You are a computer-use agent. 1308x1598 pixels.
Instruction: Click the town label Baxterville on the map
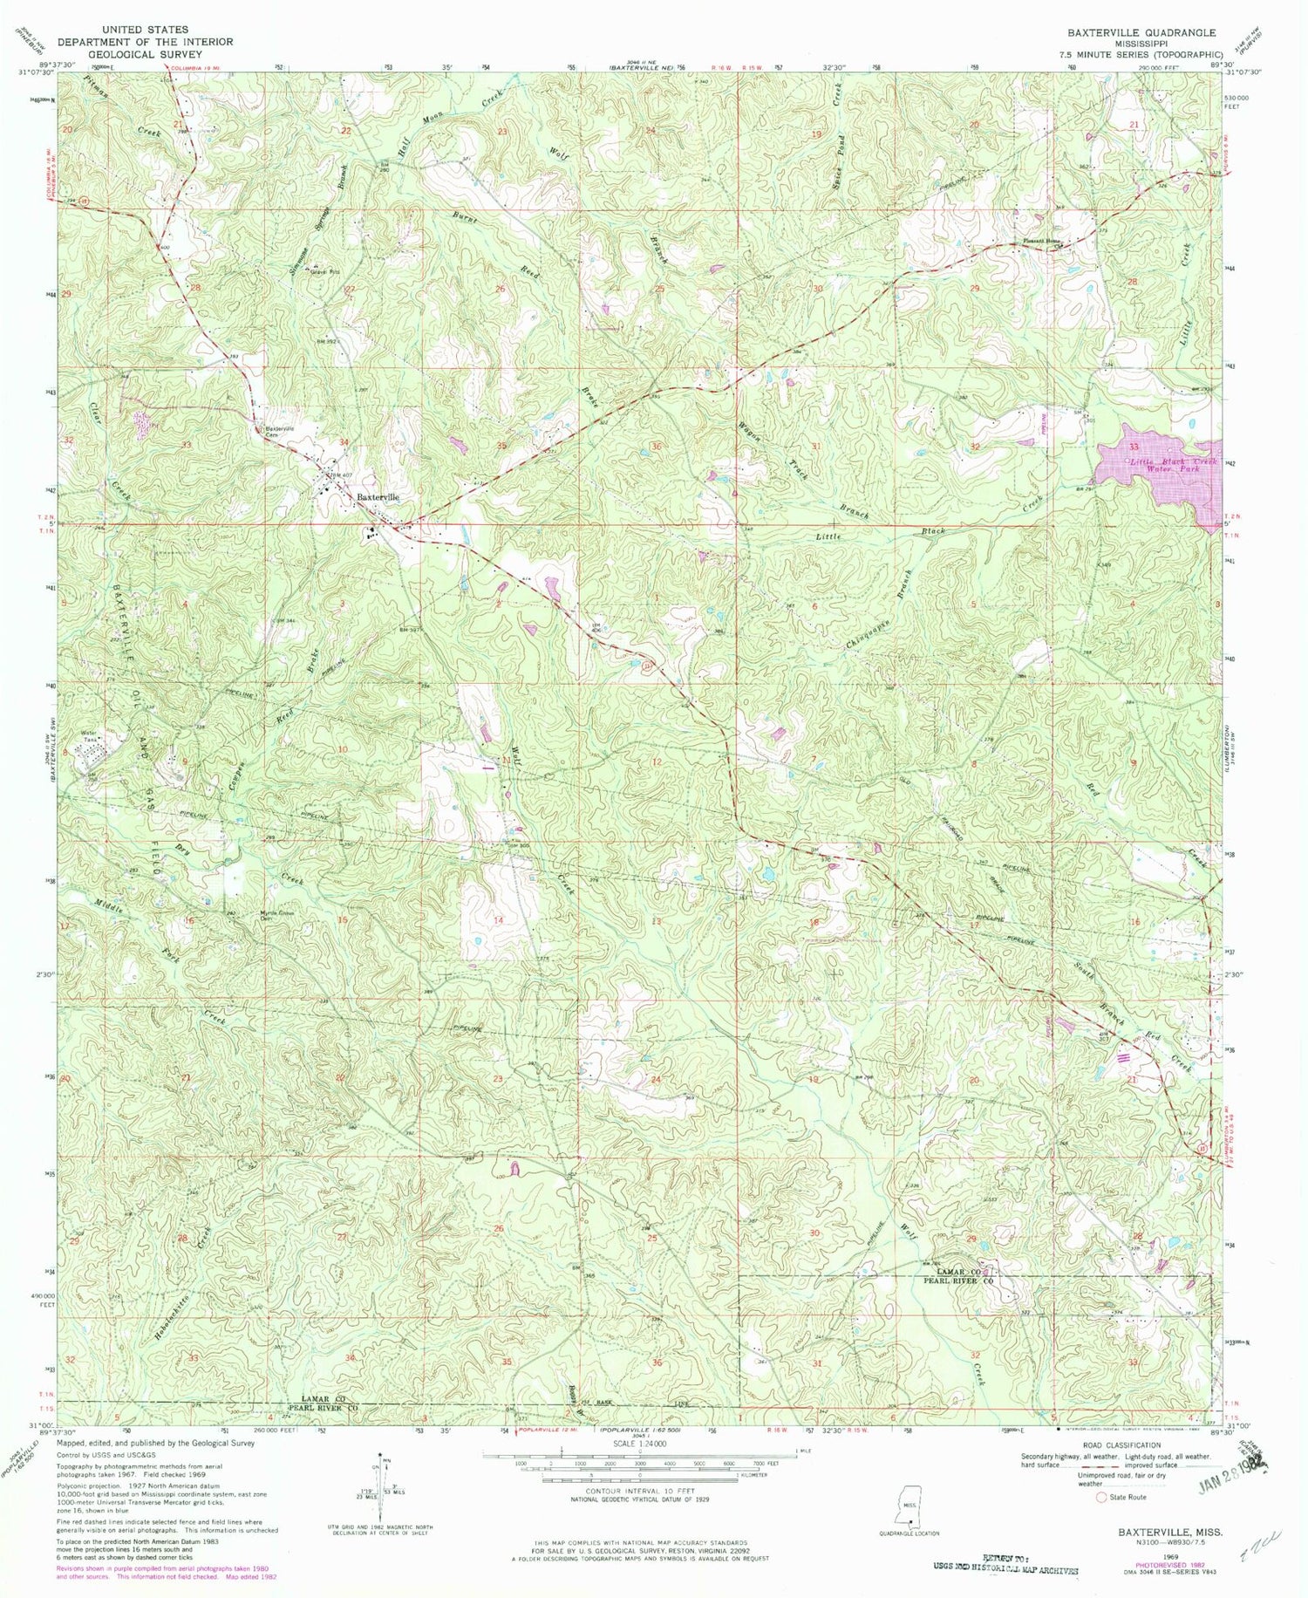click(x=378, y=496)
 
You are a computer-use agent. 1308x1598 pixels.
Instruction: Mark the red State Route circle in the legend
click(x=1101, y=1497)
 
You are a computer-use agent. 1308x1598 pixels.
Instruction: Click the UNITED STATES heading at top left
click(x=145, y=29)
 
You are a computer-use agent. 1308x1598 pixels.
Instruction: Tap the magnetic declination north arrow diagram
click(x=381, y=1477)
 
